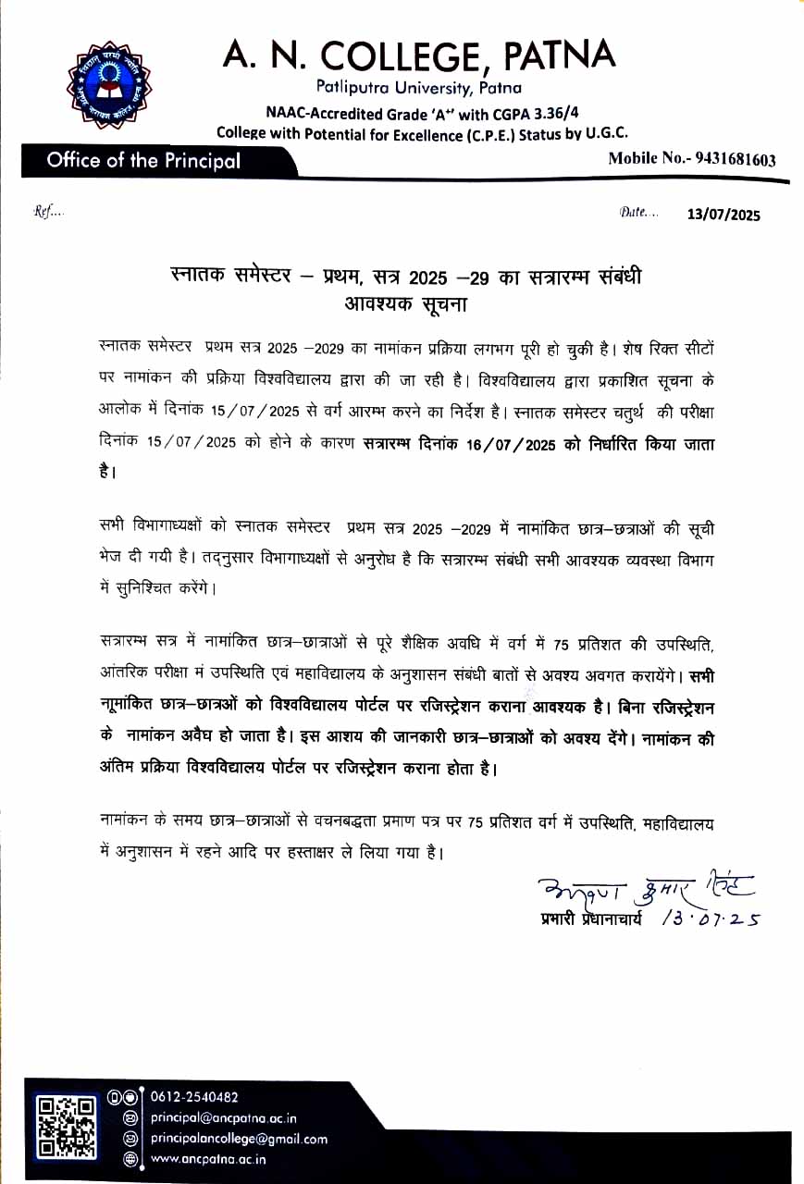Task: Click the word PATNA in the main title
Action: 560,55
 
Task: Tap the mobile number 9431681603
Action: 729,159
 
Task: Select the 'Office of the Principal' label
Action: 143,160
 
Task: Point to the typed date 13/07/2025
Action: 724,216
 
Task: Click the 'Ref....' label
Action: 49,212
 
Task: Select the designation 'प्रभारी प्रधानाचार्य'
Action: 590,919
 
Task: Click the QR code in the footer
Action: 65,1126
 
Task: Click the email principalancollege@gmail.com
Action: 239,1139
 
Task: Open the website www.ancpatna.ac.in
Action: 209,1158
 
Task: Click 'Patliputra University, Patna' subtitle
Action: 418,88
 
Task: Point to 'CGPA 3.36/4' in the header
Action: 528,113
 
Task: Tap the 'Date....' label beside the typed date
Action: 638,213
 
